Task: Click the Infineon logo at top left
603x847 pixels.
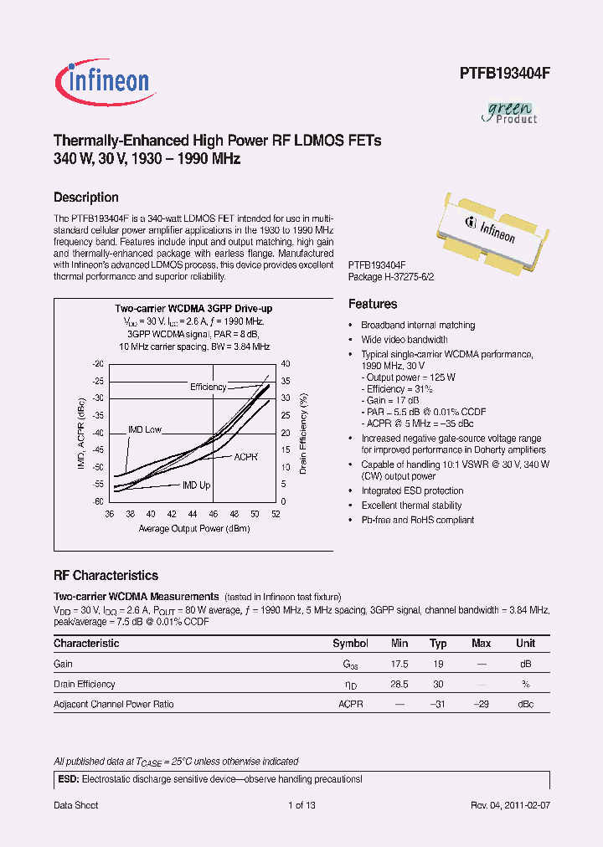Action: (103, 80)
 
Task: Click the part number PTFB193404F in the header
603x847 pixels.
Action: (504, 74)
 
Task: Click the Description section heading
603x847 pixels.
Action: (86, 198)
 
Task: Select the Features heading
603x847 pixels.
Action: (373, 304)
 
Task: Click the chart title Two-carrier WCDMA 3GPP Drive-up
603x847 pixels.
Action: (193, 309)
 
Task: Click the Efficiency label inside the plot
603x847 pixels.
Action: (208, 387)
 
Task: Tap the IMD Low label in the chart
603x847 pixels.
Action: (144, 429)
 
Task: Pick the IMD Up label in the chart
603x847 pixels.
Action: (197, 485)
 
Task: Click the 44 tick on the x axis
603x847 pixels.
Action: (193, 513)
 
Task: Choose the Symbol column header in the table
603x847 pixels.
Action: (350, 644)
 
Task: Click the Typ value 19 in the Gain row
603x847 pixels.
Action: (438, 664)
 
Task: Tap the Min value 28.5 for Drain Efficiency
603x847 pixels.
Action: (399, 684)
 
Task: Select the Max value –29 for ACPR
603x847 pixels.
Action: (481, 704)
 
